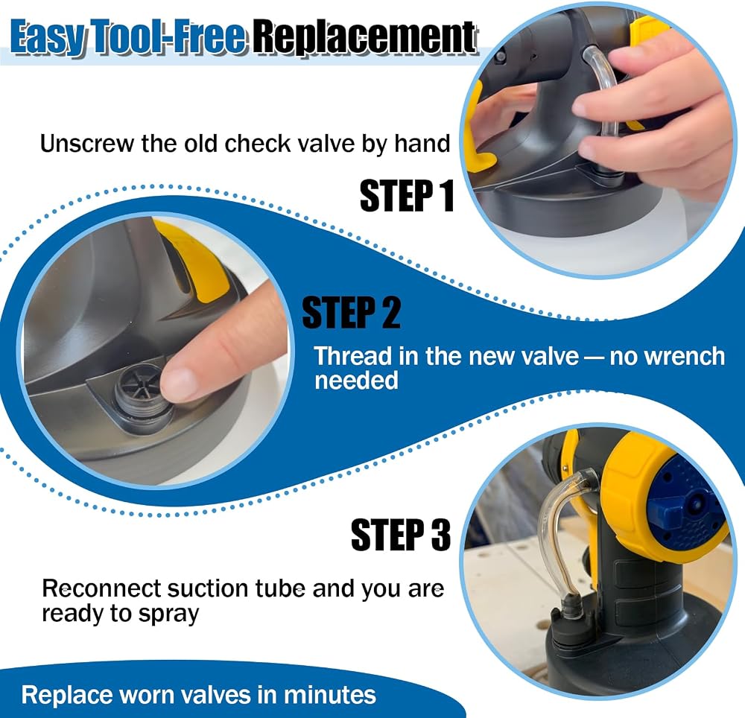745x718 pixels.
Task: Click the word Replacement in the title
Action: tap(364, 37)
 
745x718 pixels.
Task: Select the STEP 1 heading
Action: tap(407, 195)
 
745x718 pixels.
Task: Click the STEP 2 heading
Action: tap(351, 312)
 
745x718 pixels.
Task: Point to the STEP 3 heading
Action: tap(401, 535)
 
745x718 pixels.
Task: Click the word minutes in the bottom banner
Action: tap(330, 695)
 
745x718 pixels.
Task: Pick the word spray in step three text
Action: tap(169, 614)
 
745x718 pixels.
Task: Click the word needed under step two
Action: tap(356, 381)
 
